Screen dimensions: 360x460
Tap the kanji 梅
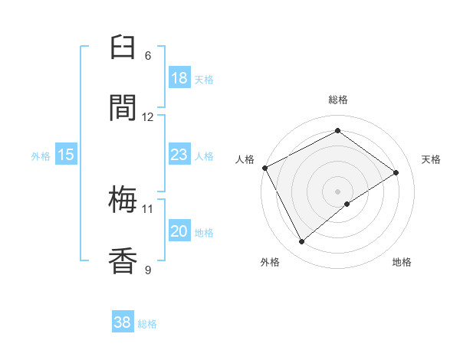[x=124, y=201]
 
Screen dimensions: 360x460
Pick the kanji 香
[x=124, y=260]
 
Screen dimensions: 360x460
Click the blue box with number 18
[x=179, y=78]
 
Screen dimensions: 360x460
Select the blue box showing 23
[x=179, y=155]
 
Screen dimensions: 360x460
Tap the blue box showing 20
[x=179, y=232]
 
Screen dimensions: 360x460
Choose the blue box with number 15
[x=66, y=155]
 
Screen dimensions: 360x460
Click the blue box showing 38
[x=123, y=322]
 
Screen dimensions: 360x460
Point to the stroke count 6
[x=148, y=56]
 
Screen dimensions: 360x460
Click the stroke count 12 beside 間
[x=148, y=116]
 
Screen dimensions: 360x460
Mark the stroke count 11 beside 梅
[x=148, y=208]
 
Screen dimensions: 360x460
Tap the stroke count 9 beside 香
[x=148, y=269]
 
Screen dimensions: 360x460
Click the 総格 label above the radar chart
[x=338, y=100]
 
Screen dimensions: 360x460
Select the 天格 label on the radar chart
[x=432, y=159]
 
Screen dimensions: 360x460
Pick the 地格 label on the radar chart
[x=402, y=262]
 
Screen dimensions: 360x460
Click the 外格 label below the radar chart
[x=270, y=262]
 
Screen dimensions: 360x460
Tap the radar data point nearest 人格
[x=264, y=168]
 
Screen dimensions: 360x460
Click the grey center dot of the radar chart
[x=338, y=191]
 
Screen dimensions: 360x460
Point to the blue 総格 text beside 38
[x=147, y=324]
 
